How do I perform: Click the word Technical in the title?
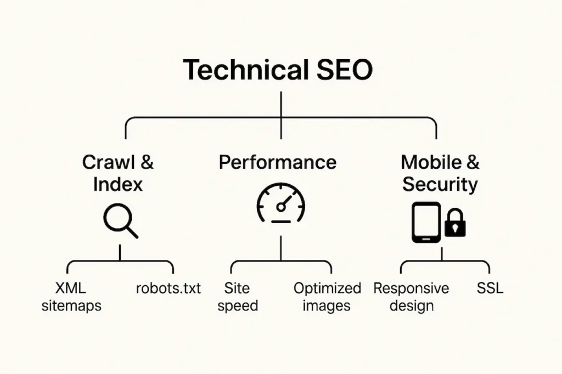click(235, 70)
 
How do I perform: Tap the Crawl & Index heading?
click(117, 173)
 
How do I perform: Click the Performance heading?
click(277, 162)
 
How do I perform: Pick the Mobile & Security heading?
click(440, 173)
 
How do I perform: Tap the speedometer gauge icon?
click(280, 204)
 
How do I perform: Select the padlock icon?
click(455, 223)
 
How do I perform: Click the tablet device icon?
click(426, 222)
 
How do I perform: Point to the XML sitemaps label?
click(71, 297)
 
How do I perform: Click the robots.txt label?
click(168, 288)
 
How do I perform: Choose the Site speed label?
click(237, 297)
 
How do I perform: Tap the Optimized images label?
click(327, 297)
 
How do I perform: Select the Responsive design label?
click(411, 297)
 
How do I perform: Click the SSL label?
click(490, 288)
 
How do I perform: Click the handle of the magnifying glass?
click(131, 231)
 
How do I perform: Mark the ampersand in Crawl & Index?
click(147, 162)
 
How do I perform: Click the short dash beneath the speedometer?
click(280, 222)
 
